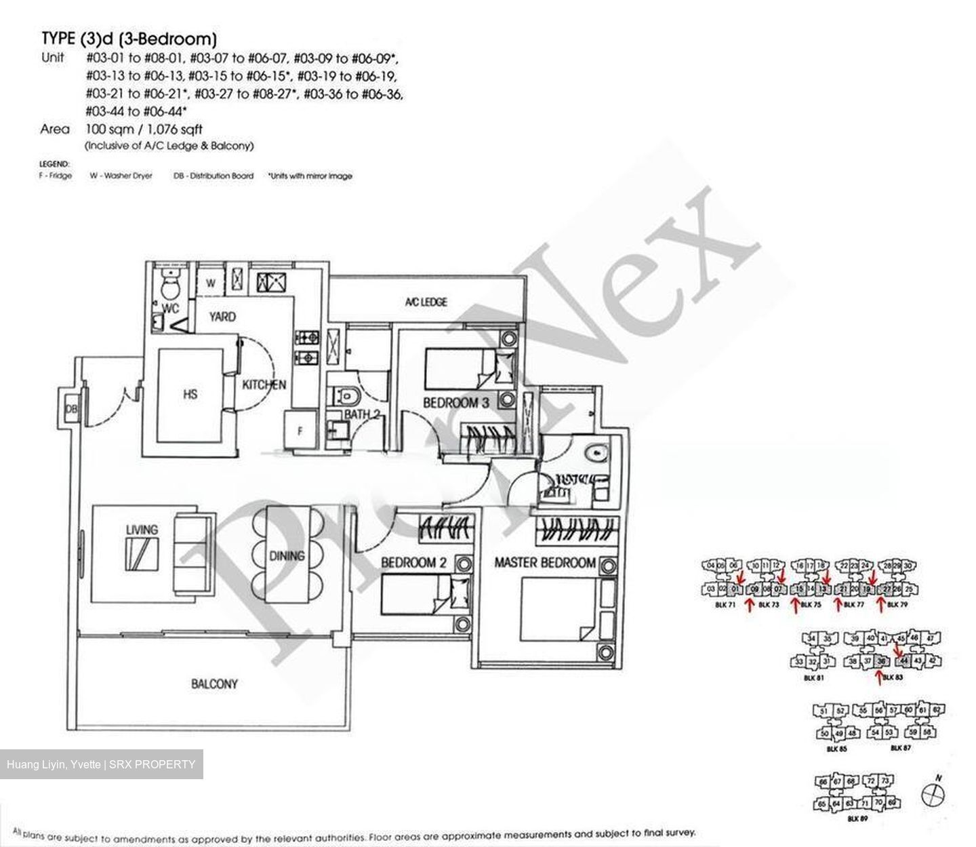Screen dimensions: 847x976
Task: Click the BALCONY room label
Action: [214, 684]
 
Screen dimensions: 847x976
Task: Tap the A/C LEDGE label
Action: [426, 302]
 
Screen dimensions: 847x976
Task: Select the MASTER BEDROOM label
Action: [545, 562]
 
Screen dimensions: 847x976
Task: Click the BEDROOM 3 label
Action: [455, 403]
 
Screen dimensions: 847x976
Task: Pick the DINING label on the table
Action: [287, 555]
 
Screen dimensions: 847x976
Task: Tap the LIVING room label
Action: [142, 529]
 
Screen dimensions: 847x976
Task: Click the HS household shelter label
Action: [190, 393]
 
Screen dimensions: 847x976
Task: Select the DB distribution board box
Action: [70, 410]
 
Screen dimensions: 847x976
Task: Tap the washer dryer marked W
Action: [211, 283]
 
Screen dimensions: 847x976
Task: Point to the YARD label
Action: [222, 316]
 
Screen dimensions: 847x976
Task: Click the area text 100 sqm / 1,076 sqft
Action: [144, 129]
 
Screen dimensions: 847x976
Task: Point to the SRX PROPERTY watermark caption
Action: [101, 764]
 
